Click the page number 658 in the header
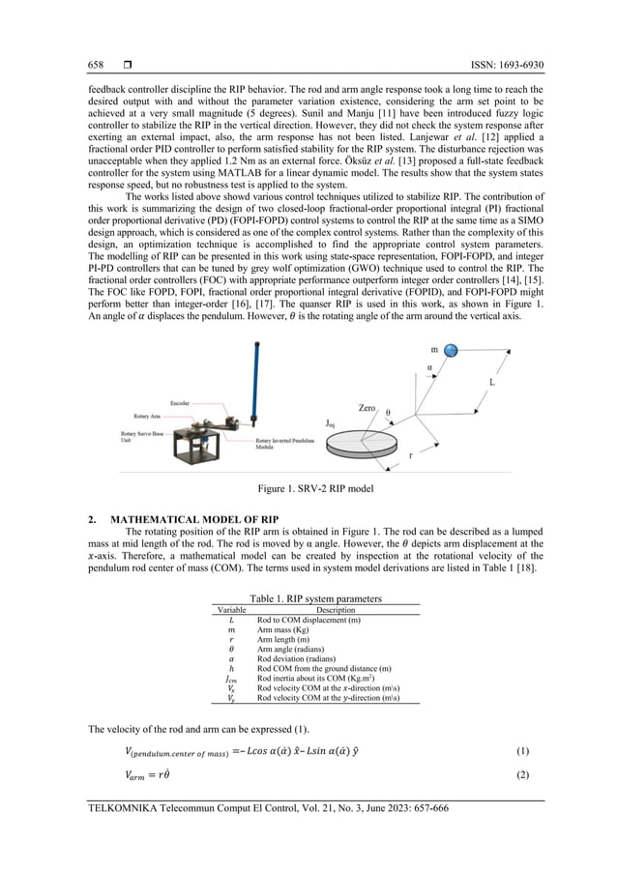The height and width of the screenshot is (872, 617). click(97, 65)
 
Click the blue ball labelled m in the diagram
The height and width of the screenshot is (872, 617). click(453, 350)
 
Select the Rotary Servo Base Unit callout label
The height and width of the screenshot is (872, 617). click(138, 438)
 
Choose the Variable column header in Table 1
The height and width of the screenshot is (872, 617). click(230, 610)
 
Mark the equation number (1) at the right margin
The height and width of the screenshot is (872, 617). click(523, 750)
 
